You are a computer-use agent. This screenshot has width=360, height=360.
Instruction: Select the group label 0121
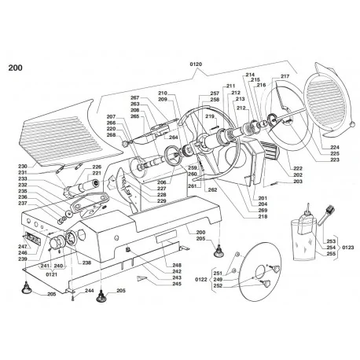click(53, 275)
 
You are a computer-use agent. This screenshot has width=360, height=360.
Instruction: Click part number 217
click(285, 76)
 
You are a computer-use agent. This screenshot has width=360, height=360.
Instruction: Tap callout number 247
click(23, 247)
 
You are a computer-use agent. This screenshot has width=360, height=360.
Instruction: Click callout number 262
click(211, 190)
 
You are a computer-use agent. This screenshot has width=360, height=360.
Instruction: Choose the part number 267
click(134, 97)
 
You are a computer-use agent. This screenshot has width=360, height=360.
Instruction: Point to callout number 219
click(210, 117)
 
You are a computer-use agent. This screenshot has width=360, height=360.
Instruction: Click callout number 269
click(263, 211)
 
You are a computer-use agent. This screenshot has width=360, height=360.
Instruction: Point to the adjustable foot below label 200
click(218, 252)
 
